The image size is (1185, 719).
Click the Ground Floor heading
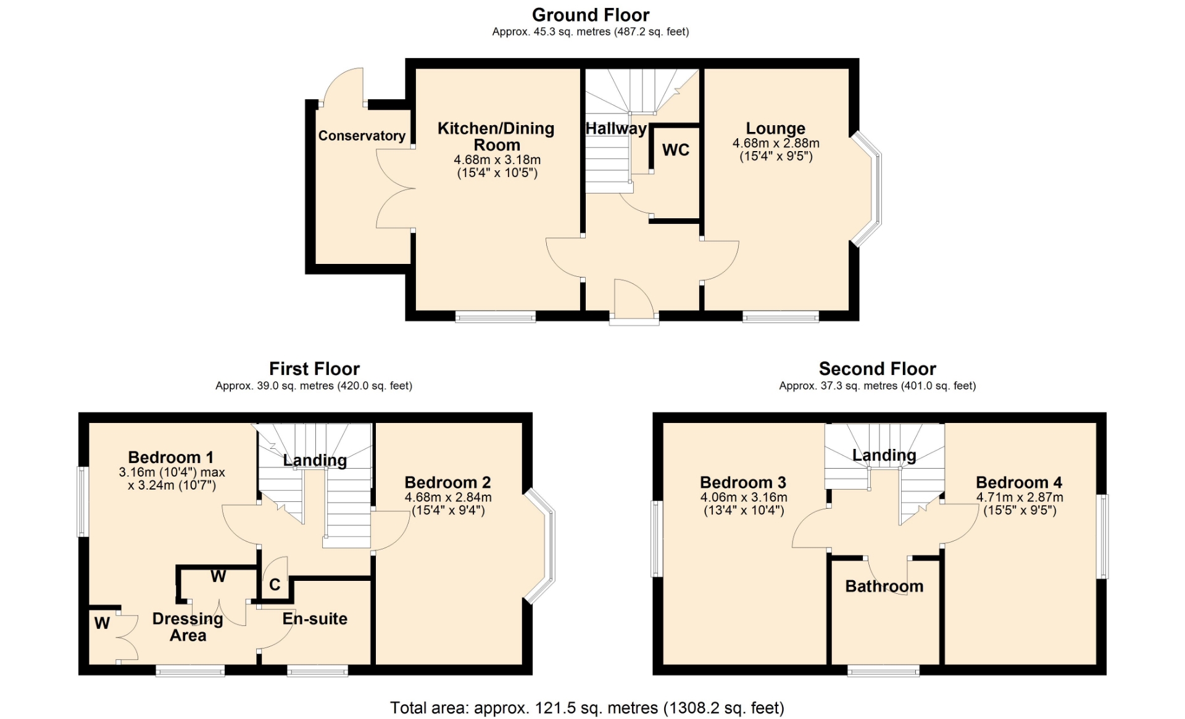point(591,15)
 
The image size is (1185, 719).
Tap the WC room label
point(676,150)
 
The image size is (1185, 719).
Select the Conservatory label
point(362,136)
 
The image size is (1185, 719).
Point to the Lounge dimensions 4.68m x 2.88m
point(776,143)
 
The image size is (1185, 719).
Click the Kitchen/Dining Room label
point(496,137)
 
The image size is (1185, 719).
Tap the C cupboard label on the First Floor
point(275,584)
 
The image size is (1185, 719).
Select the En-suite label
point(315,618)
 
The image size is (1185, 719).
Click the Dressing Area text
point(188,627)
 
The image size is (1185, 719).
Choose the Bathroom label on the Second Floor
point(884,586)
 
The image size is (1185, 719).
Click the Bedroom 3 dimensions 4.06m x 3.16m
point(744,498)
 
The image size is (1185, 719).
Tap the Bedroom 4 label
point(1019,482)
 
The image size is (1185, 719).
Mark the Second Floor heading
point(877,369)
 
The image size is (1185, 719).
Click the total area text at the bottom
point(587,708)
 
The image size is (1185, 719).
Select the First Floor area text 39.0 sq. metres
point(314,386)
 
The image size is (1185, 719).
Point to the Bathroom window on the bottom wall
point(884,670)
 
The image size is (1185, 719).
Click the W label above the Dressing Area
point(218,577)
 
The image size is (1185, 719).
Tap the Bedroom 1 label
point(171,458)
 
